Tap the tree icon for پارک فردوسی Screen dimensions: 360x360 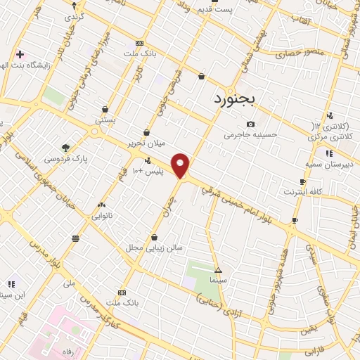(66, 148)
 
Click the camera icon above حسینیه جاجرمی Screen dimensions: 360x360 (250, 124)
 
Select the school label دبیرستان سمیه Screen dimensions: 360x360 (331, 162)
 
